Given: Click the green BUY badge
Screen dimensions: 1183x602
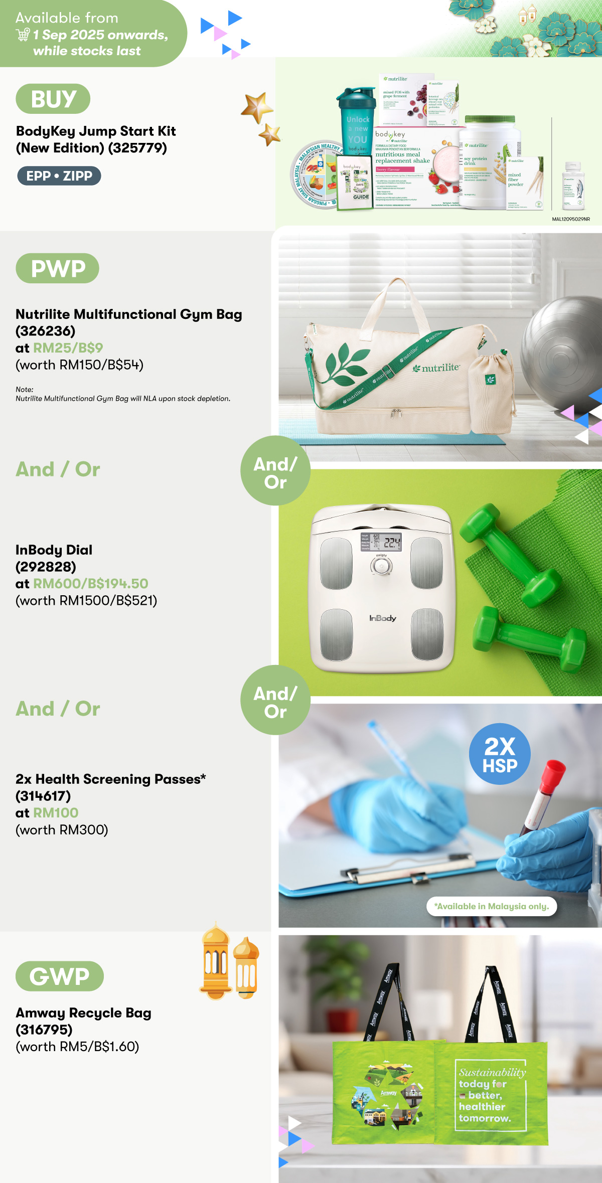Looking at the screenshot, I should coord(53,99).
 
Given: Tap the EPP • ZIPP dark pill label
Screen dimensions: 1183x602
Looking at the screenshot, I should coord(59,176).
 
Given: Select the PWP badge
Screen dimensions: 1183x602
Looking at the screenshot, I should coord(58,268).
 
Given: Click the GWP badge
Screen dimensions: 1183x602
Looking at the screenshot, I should coord(60,976).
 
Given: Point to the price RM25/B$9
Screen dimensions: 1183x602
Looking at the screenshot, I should coord(68,348).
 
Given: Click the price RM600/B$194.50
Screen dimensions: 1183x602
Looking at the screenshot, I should coord(91,584).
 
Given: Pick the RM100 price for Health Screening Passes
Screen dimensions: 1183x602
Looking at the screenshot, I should coord(56,813).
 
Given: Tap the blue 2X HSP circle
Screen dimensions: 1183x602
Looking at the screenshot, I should coord(500,754).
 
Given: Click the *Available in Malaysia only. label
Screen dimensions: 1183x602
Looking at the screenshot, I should coord(492,906).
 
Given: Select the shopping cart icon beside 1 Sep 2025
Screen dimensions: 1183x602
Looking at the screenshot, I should coord(23,35).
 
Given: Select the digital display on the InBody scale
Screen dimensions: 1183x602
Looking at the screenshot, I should coord(381,542).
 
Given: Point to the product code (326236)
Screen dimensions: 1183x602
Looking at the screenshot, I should coord(46,331).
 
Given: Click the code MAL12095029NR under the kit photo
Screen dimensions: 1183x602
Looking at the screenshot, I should coord(571,219).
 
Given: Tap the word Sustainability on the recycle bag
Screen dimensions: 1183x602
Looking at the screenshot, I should coord(492,1073).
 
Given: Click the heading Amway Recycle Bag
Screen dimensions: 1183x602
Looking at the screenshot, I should coord(83,1012).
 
